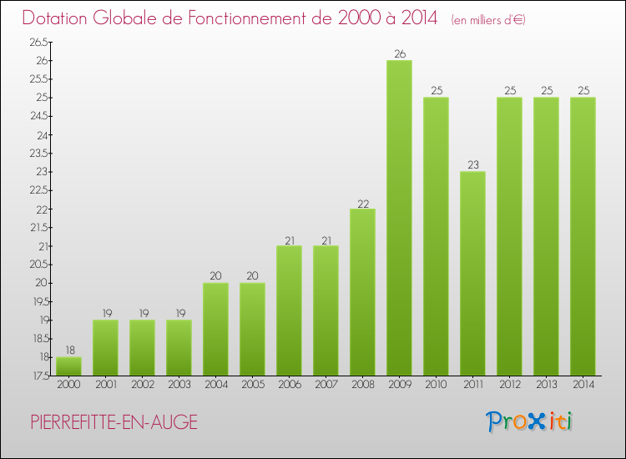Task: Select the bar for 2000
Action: point(68,366)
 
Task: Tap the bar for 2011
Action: point(473,273)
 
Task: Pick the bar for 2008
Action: point(363,291)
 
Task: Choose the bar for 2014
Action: point(583,236)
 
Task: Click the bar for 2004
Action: point(215,329)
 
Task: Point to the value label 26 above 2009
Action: point(400,54)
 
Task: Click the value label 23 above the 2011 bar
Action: point(473,165)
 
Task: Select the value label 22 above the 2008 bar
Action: point(363,203)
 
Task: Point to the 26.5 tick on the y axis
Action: point(39,43)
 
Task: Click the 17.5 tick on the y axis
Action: point(39,376)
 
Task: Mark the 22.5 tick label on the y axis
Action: point(39,190)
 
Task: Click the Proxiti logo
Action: point(529,421)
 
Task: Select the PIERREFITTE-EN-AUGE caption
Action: point(114,422)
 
